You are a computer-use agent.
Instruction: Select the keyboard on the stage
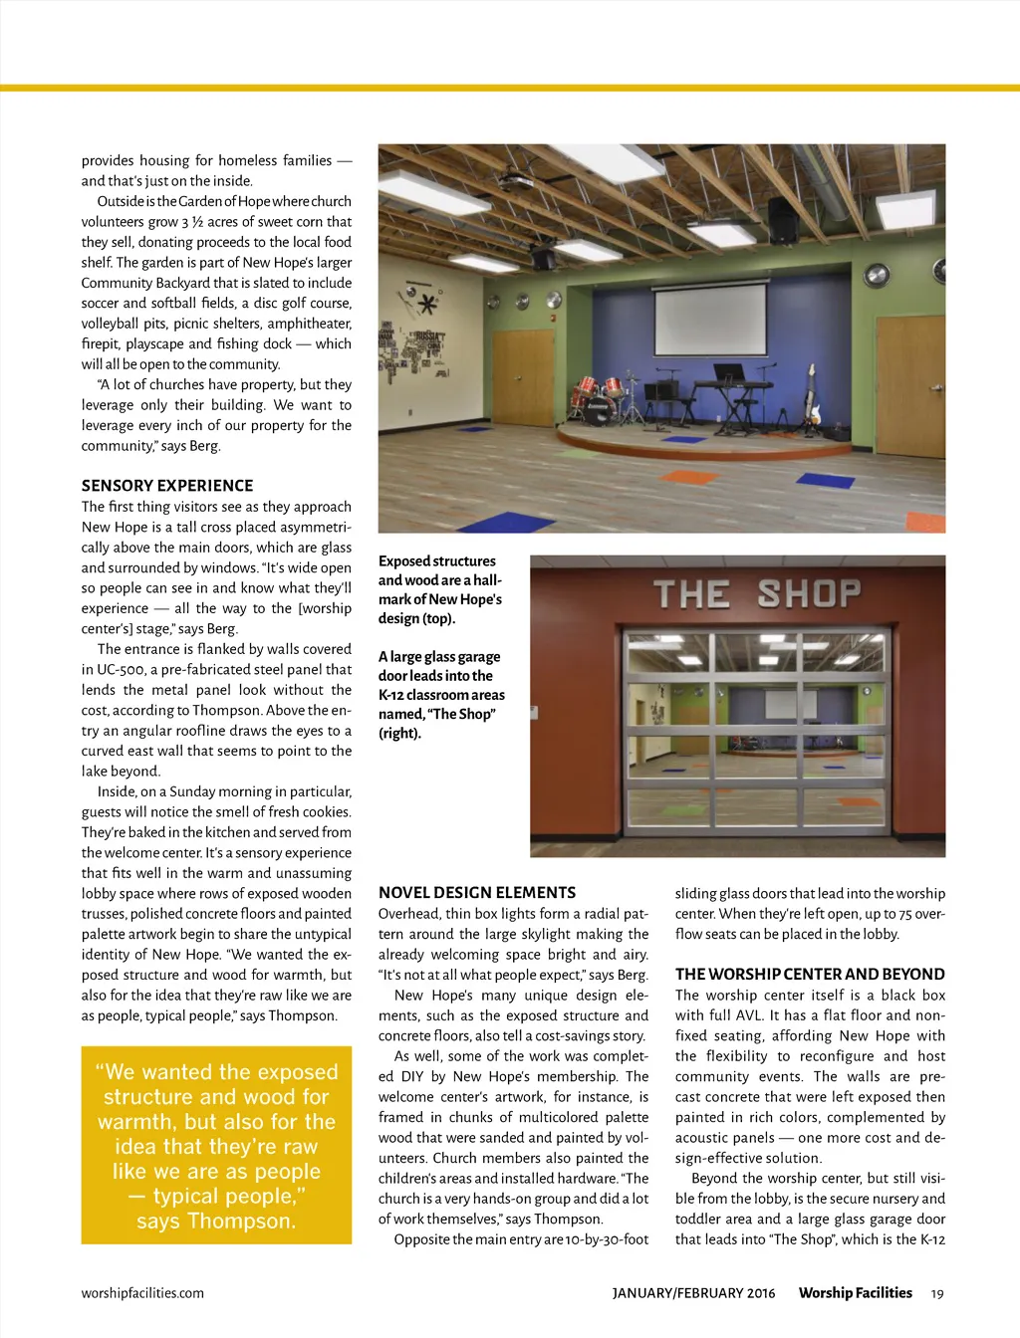tap(736, 386)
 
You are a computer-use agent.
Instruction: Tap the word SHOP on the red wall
tap(808, 593)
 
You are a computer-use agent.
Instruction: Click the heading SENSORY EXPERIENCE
tap(167, 486)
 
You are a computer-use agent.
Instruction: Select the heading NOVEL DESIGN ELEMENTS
tap(477, 893)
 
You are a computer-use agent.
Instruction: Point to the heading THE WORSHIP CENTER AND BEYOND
tap(810, 975)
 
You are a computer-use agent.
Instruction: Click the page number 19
tap(936, 1293)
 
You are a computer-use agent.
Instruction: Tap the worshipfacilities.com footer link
tap(142, 1293)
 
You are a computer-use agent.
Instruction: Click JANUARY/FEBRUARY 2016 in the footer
tap(693, 1293)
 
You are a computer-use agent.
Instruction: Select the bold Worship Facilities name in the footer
tap(855, 1293)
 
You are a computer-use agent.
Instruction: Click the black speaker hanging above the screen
tap(543, 258)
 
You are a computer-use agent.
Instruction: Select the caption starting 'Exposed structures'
tap(440, 589)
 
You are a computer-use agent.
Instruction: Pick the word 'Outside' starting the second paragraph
tap(122, 201)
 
